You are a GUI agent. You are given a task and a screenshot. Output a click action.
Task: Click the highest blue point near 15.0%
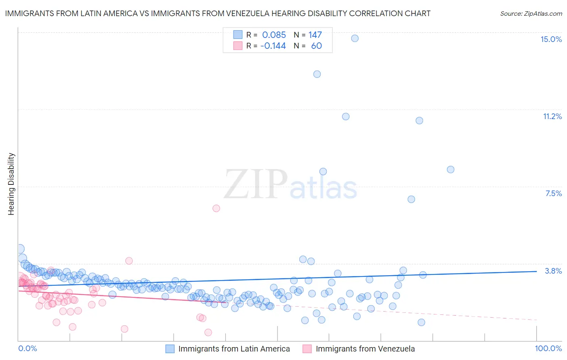(355, 38)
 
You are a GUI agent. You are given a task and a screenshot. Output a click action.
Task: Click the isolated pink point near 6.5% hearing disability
(216, 208)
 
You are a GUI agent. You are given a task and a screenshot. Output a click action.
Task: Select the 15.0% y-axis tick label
(551, 39)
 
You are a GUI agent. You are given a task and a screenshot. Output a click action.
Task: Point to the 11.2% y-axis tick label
(552, 116)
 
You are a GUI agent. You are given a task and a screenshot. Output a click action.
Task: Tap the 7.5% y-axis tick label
(553, 193)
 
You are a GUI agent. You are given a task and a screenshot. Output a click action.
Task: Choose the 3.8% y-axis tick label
(553, 271)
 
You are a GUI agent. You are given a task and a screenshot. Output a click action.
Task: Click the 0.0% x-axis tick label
(28, 348)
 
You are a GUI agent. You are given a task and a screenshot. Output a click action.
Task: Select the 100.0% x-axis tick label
(548, 348)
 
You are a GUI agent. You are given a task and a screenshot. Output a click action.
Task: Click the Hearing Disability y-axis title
(11, 184)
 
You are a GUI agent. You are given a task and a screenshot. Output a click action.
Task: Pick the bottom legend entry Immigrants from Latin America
(234, 349)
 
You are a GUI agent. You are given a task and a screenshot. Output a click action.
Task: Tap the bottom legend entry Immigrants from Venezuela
(365, 349)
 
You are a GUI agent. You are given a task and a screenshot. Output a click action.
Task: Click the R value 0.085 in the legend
(274, 35)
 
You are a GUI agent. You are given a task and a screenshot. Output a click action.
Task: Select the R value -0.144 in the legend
(273, 46)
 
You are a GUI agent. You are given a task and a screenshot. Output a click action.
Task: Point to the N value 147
(315, 35)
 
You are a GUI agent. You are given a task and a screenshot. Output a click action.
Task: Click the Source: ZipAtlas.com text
(531, 14)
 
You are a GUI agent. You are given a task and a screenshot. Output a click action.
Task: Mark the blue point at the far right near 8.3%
(450, 170)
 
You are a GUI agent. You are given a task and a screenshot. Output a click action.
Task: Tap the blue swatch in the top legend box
(238, 35)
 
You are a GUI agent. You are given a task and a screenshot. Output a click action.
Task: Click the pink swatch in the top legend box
(238, 46)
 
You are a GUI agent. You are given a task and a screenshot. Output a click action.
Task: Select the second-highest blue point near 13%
(317, 74)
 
